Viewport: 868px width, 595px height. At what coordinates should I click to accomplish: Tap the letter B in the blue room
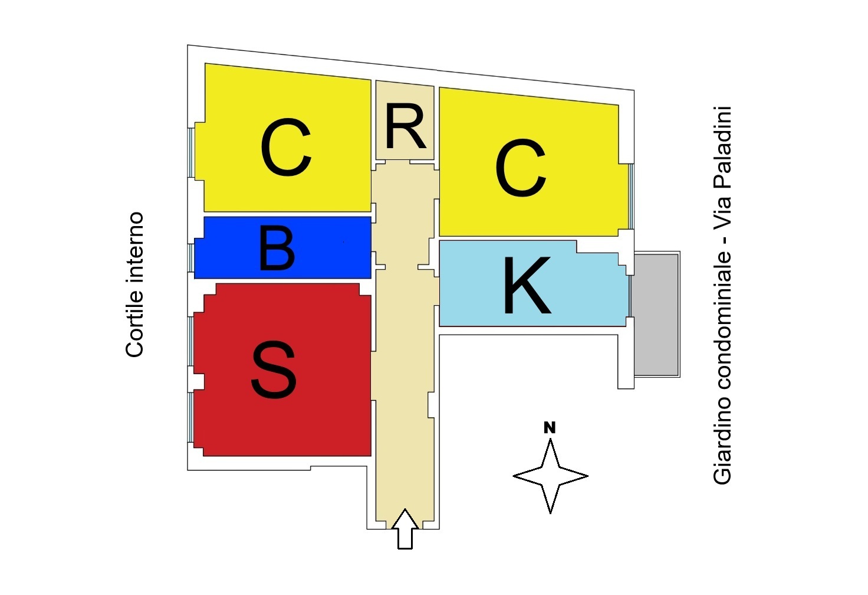click(x=277, y=249)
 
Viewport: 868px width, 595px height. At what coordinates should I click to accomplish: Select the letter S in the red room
click(x=274, y=370)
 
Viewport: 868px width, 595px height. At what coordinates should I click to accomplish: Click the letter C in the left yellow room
click(x=285, y=148)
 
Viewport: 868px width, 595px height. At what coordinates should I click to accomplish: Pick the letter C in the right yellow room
click(x=521, y=168)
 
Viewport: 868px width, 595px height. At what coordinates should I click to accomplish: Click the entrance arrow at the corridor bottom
click(x=405, y=528)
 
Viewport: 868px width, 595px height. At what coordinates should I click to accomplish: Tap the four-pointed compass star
click(x=550, y=476)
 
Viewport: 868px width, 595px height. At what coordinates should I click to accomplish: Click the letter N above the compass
click(x=550, y=427)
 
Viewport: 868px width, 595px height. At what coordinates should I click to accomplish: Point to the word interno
click(x=135, y=248)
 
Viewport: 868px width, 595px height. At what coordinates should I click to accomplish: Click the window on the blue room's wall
click(x=191, y=257)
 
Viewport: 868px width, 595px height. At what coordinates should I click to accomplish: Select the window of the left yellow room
click(x=191, y=152)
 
